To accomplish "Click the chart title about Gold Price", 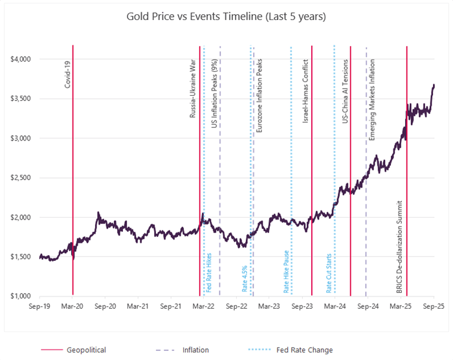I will point(226,16).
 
